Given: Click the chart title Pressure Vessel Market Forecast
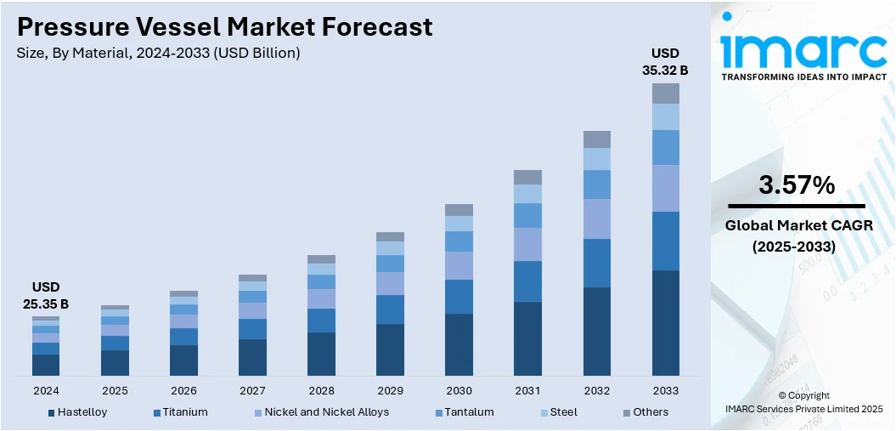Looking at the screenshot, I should (x=224, y=26).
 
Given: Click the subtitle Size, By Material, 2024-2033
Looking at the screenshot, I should (x=158, y=54).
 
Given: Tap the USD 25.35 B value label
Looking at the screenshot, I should (x=46, y=295).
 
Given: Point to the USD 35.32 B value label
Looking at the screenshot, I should (x=665, y=62).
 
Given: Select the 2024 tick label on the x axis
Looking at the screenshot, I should (x=46, y=390).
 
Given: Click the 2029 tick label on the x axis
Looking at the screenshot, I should (x=390, y=390).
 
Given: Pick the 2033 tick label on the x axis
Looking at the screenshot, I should (x=665, y=390).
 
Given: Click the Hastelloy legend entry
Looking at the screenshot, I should (x=82, y=412).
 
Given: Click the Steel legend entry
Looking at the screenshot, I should (x=562, y=412).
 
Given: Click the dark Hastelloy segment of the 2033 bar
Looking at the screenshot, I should (x=665, y=323).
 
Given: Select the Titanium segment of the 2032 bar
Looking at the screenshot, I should (x=596, y=263).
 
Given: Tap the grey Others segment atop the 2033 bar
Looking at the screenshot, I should (x=665, y=94).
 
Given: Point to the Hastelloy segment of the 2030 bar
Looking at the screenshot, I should (x=459, y=344).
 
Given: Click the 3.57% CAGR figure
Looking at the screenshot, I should (x=796, y=184).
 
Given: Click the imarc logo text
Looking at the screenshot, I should (x=803, y=51).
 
